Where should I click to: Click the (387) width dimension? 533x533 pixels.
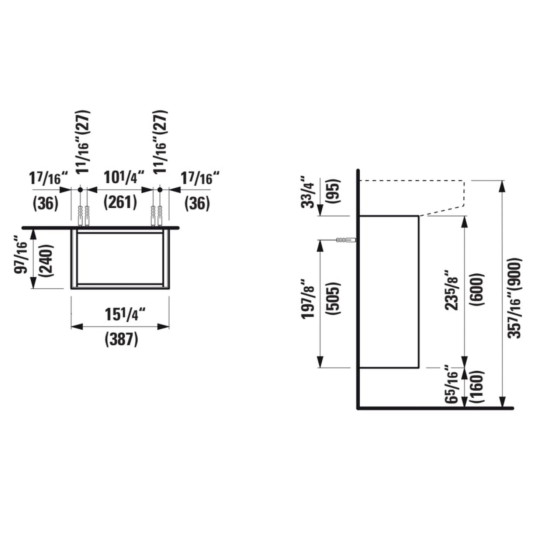(x=121, y=339)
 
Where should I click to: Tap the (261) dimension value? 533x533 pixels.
(x=120, y=203)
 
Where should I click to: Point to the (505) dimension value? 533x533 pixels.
(x=333, y=298)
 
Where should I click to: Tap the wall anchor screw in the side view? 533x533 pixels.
(x=346, y=240)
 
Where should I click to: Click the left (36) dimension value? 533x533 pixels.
(x=46, y=203)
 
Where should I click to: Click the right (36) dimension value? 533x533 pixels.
(x=197, y=203)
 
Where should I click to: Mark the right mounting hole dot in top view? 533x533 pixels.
(x=159, y=190)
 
